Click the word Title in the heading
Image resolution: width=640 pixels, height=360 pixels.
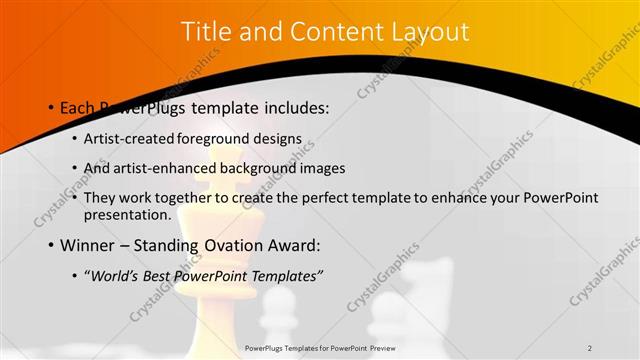coord(206,32)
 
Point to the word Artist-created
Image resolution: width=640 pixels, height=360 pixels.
coord(134,139)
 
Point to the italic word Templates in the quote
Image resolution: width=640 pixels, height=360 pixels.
coord(291,275)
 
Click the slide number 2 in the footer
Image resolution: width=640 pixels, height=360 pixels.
coord(590,348)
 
